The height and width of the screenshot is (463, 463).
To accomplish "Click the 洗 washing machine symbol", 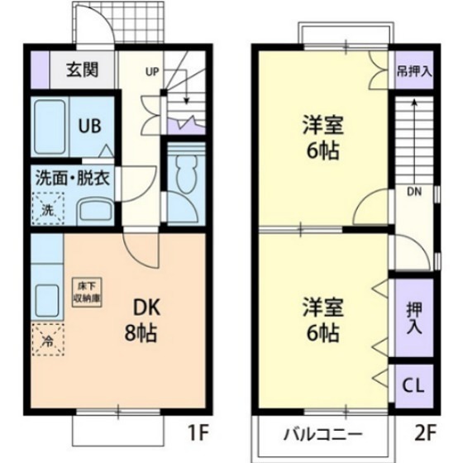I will tap(47, 208).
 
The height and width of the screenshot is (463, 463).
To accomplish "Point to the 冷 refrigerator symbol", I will tap(47, 338).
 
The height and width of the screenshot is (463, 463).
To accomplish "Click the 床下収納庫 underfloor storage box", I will tap(86, 293).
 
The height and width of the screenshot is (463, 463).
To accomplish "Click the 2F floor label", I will tap(424, 431).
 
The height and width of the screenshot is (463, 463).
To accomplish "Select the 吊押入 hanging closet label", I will tap(413, 71).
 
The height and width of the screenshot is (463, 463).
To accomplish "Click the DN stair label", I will tap(413, 192).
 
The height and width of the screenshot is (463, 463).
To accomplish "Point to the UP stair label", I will tap(152, 71).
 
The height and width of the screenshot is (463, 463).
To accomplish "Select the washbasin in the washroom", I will tap(94, 208).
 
